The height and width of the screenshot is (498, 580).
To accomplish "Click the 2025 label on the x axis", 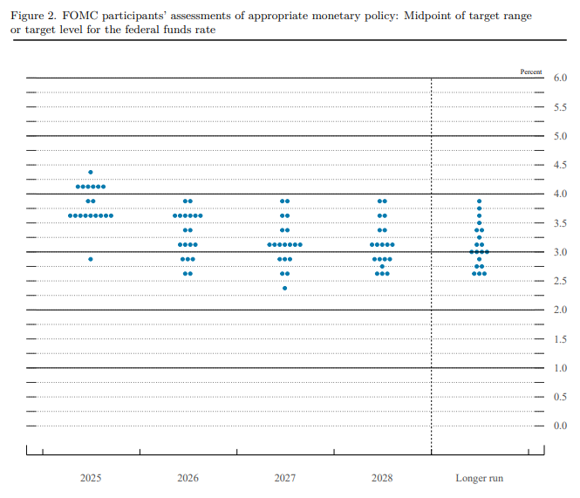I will click(91, 478).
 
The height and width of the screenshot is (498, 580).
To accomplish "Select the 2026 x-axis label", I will click(188, 478).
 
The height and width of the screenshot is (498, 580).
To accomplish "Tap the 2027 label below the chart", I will click(285, 478).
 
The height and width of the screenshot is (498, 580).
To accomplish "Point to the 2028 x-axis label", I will click(382, 478).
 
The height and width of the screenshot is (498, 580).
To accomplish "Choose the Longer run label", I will click(479, 478).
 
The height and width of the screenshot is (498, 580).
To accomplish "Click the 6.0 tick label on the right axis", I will click(561, 78).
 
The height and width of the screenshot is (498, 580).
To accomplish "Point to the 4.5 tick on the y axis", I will click(561, 165).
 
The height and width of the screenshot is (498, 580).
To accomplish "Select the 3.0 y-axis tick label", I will click(561, 252).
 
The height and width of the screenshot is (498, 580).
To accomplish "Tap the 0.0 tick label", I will click(561, 426).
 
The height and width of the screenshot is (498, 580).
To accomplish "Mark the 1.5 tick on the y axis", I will click(561, 338).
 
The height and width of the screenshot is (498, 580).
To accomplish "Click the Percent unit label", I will click(531, 72).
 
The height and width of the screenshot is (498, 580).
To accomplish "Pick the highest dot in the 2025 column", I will click(91, 172).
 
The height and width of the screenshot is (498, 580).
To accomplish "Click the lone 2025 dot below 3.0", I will click(91, 259).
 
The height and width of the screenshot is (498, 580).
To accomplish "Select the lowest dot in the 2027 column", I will click(285, 288).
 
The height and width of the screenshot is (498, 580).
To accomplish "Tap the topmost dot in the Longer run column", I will click(479, 201).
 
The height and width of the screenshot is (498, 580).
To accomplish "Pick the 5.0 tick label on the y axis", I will click(561, 136).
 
